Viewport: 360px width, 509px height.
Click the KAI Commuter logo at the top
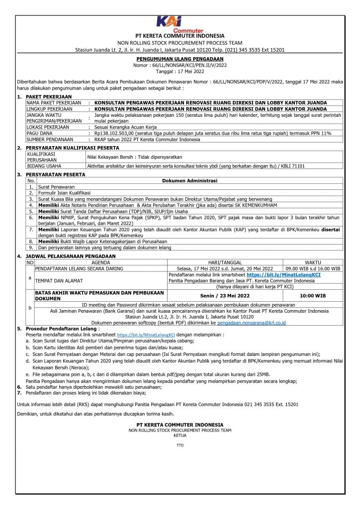[x=180, y=24]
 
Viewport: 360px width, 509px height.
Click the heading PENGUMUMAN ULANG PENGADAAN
[x=180, y=59]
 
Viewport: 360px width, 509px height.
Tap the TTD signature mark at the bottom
[x=180, y=445]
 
